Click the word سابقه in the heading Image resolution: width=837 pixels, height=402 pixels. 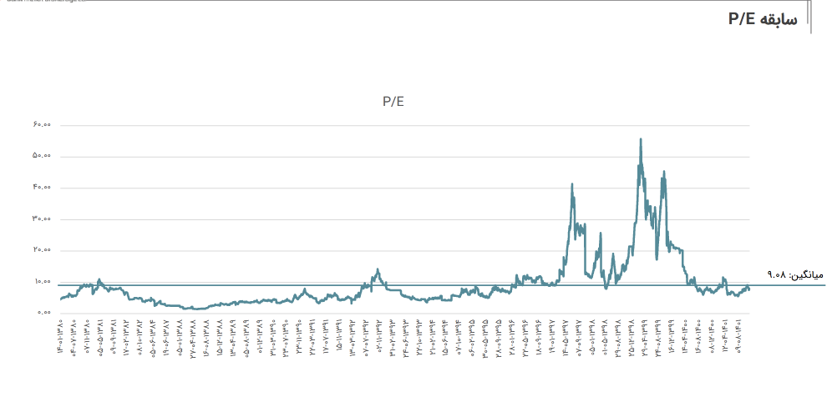779,19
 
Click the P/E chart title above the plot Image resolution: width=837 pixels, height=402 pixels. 393,102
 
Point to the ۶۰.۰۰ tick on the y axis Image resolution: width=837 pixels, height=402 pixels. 43,125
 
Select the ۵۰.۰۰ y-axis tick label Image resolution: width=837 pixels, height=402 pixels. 43,156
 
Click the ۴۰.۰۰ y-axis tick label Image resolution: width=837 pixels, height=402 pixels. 43,188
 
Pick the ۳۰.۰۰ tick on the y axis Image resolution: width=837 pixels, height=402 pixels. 43,219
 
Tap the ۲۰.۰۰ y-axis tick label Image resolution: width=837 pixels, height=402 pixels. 43,250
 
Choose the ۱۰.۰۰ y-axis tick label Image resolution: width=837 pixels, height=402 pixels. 43,282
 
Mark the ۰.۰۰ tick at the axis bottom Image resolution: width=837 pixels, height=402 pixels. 44,313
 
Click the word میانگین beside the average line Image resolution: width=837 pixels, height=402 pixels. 807,274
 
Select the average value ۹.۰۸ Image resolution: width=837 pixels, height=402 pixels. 776,274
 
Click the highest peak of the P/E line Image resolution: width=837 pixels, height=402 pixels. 641,139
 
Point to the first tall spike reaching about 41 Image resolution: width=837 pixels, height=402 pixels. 572,184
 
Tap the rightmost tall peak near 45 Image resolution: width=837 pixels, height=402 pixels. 664,173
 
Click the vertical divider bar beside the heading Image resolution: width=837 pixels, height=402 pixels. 810,18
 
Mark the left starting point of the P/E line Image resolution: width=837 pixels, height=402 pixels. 60,299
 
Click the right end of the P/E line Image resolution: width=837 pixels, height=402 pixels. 749,289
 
